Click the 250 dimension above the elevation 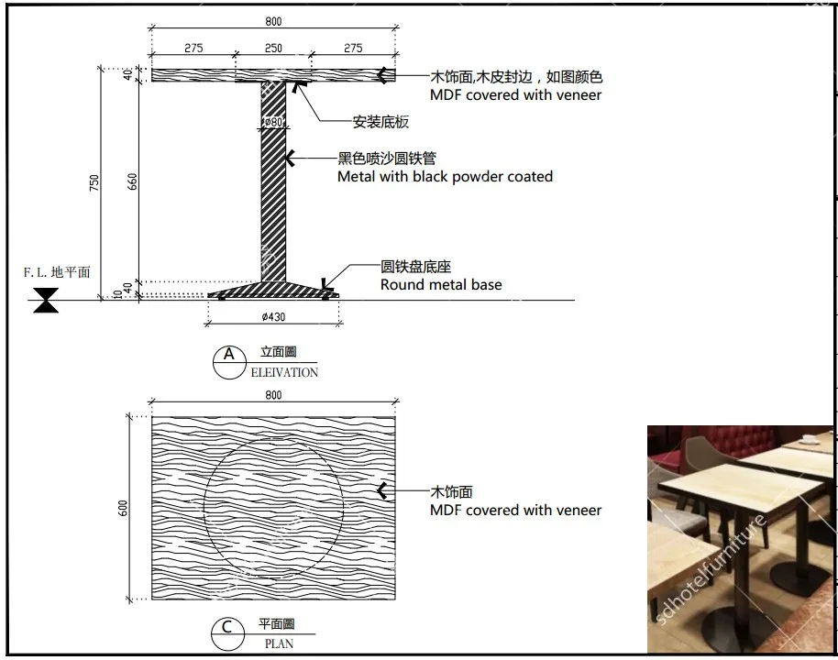point(273,49)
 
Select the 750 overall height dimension point(94,183)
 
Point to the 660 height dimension point(132,181)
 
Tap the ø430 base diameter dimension point(273,317)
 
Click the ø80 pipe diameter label point(273,123)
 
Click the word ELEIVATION point(284,373)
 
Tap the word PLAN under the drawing point(279,643)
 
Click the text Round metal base point(441,285)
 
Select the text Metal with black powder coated point(445,176)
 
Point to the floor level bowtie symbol point(45,301)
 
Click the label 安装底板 point(380,122)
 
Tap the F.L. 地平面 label point(57,272)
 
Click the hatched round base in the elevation point(273,291)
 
